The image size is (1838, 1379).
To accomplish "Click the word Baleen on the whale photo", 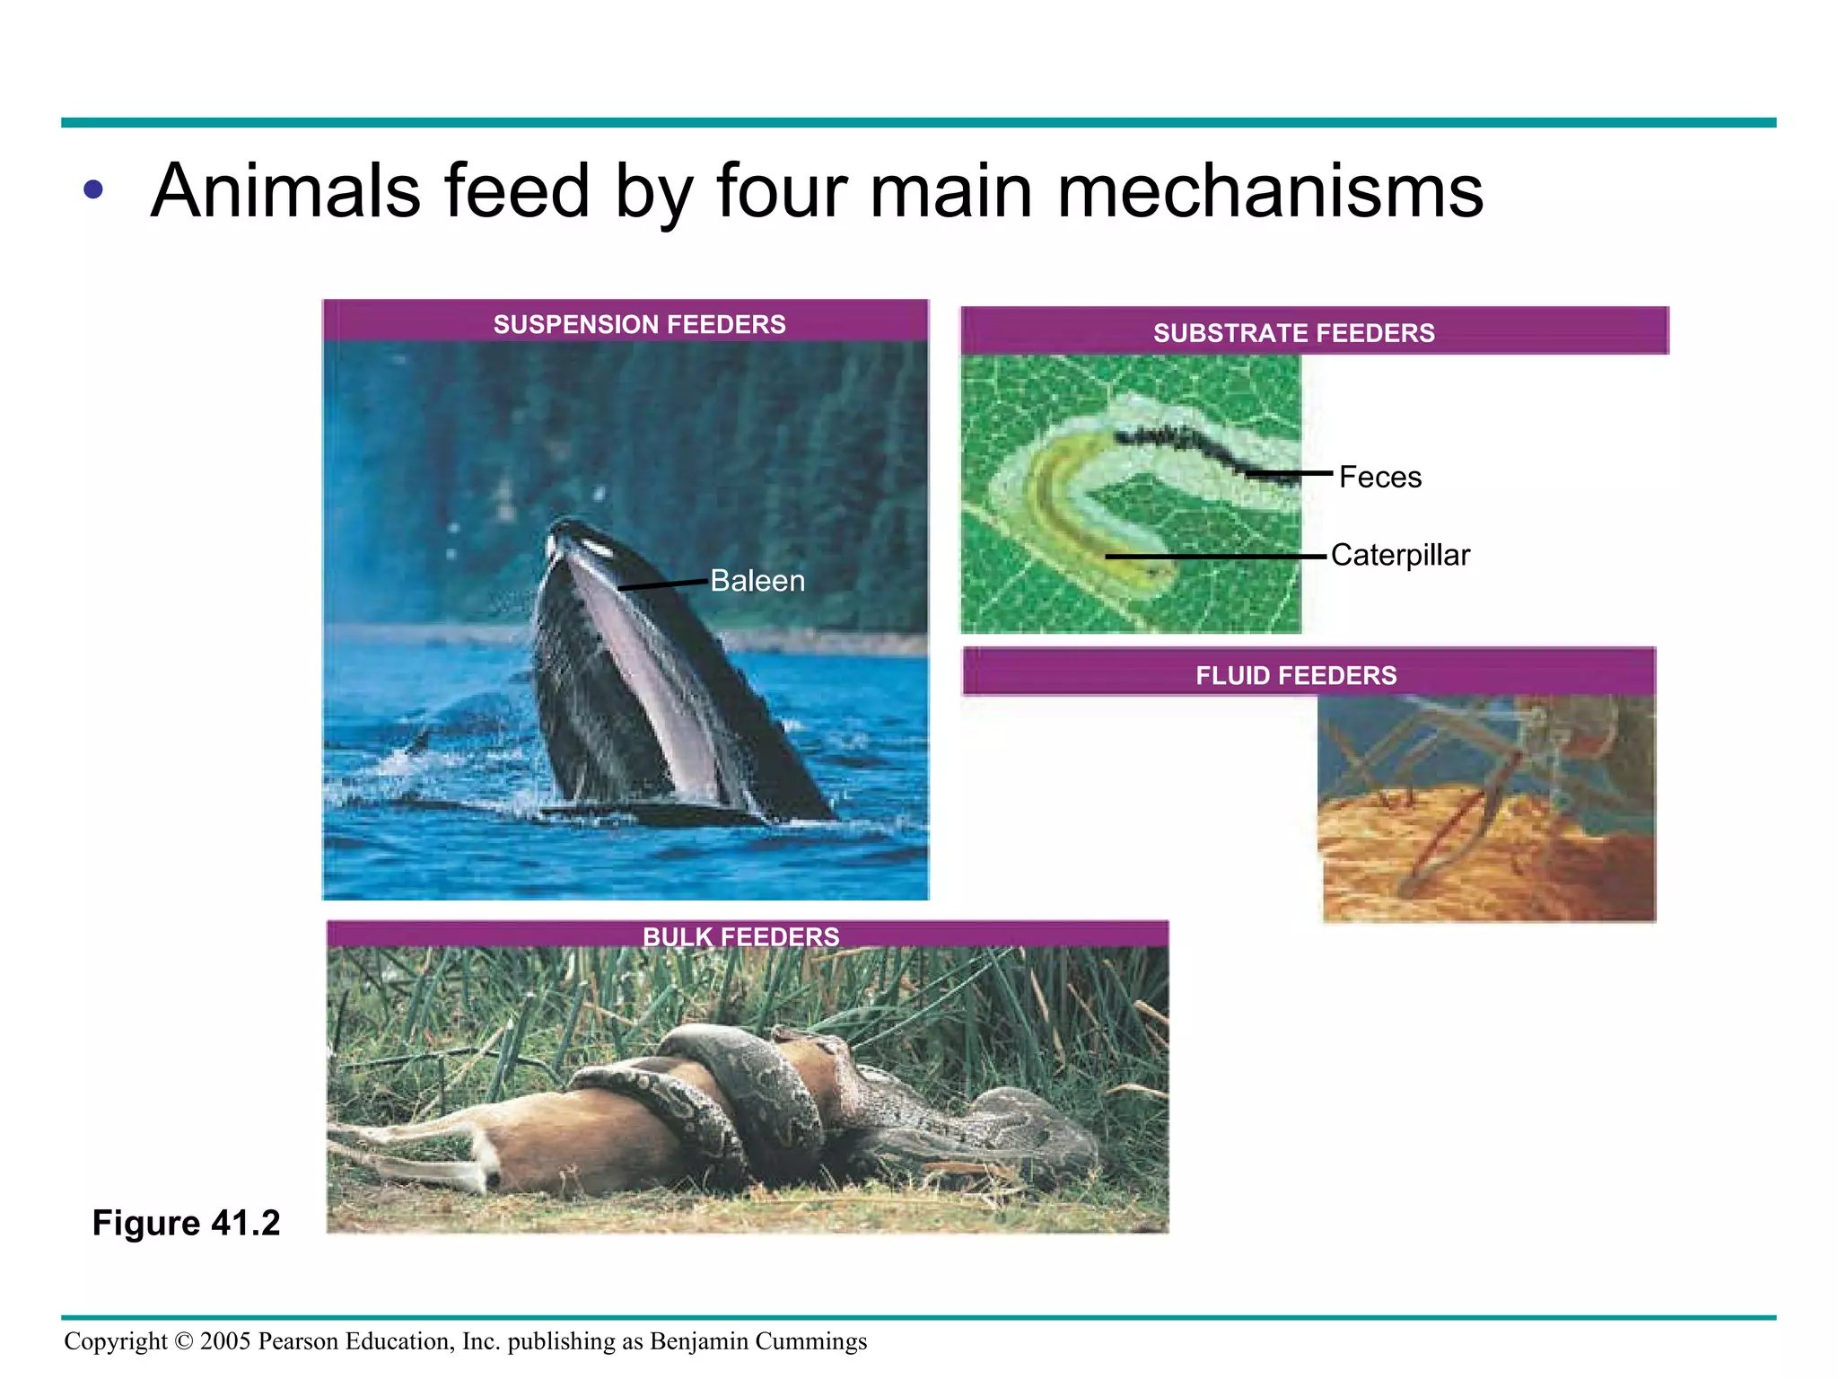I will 757,581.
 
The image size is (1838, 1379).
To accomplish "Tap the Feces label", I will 1379,477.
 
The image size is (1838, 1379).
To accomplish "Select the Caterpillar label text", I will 1400,555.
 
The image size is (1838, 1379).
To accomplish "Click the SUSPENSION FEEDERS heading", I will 639,324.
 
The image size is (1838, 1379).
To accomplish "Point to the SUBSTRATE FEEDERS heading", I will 1293,333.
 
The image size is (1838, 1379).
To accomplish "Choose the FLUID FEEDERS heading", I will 1296,675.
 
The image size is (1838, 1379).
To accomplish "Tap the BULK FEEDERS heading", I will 740,936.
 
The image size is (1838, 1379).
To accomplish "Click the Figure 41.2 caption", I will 186,1223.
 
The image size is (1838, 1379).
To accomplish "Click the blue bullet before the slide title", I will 92,189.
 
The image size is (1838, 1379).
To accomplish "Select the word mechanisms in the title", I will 1270,191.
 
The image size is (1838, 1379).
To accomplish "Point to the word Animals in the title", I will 285,191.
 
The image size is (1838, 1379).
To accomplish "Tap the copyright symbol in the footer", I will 183,1341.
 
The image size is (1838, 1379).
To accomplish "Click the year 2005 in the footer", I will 225,1341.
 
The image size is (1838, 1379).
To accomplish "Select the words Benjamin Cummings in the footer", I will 758,1341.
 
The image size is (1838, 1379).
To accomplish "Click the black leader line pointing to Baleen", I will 662,584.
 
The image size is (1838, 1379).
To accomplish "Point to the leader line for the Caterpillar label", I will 1216,557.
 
